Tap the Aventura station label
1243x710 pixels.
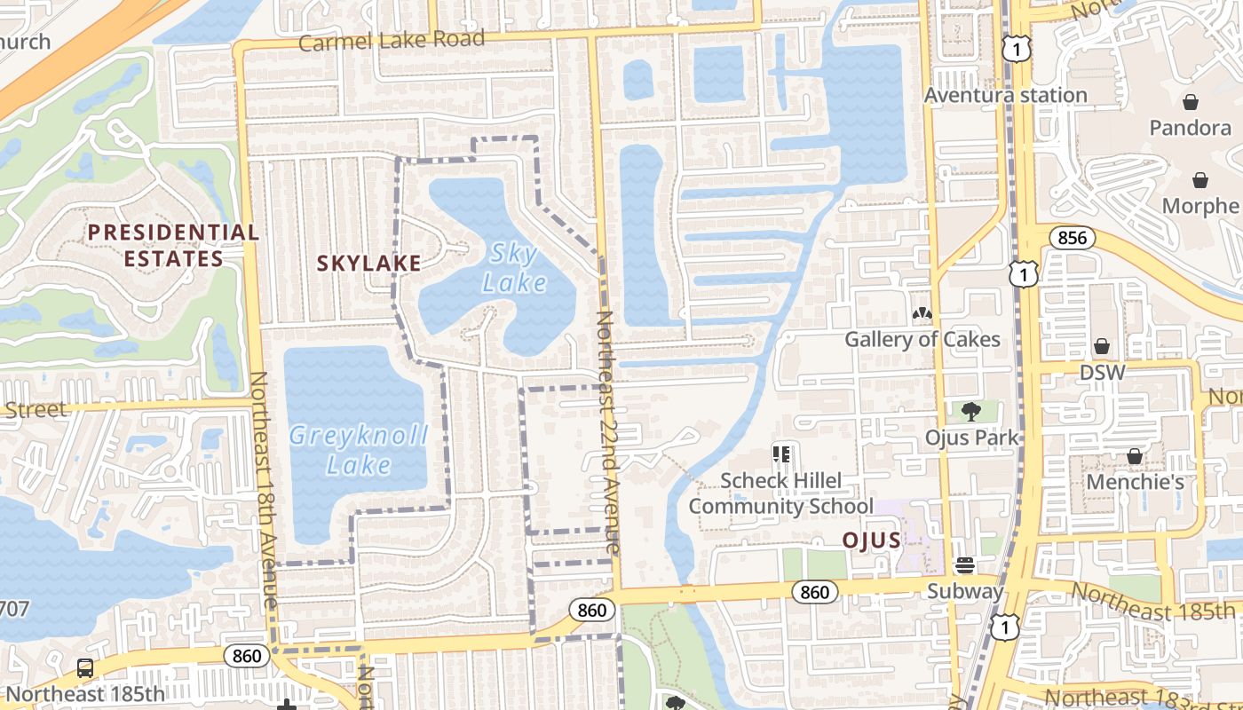pyautogui.click(x=1005, y=95)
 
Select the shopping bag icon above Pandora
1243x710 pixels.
pyautogui.click(x=1190, y=102)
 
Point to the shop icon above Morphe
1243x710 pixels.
pyautogui.click(x=1200, y=180)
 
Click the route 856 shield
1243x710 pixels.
pyautogui.click(x=1073, y=238)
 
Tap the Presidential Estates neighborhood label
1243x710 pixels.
pyautogui.click(x=173, y=246)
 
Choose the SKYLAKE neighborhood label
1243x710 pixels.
pyautogui.click(x=369, y=264)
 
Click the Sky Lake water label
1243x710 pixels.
pyautogui.click(x=515, y=268)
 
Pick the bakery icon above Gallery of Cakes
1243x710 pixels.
pyautogui.click(x=922, y=314)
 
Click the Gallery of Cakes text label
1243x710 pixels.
pyautogui.click(x=922, y=339)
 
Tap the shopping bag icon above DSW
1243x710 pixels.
pyautogui.click(x=1102, y=345)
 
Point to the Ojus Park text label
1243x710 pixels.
pyautogui.click(x=971, y=438)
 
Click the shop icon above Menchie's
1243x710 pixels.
pyautogui.click(x=1135, y=456)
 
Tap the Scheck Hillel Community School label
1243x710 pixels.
pyautogui.click(x=781, y=493)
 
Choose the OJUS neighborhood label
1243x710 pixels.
pyautogui.click(x=871, y=540)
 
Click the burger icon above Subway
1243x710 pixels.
pyautogui.click(x=965, y=565)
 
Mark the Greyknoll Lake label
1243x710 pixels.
pyautogui.click(x=359, y=450)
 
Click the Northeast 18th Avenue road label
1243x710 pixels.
pyautogui.click(x=264, y=489)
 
